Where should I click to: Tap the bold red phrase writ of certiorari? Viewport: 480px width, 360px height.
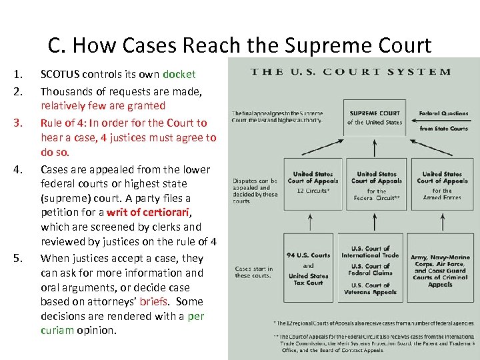pos(144,213)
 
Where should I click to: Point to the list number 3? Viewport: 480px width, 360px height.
pos(19,123)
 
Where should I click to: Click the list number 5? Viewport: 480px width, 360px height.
pos(19,259)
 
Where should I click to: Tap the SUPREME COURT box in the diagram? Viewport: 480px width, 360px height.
pos(374,117)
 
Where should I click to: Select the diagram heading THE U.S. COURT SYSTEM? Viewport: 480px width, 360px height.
pos(351,72)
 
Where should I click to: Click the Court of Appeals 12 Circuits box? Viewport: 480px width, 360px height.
pos(313,181)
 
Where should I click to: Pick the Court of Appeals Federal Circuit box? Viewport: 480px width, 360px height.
pos(376,185)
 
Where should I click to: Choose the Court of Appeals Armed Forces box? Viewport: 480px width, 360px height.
pos(442,185)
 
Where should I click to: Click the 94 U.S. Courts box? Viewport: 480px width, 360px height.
pos(309,269)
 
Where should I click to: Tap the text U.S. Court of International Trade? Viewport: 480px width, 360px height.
pos(375,251)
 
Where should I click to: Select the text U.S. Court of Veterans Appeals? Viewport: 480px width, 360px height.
pos(375,289)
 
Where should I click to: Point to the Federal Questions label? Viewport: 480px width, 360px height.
pos(444,113)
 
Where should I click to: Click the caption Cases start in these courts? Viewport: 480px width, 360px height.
pos(253,272)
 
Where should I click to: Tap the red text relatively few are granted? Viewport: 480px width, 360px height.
pos(103,105)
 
